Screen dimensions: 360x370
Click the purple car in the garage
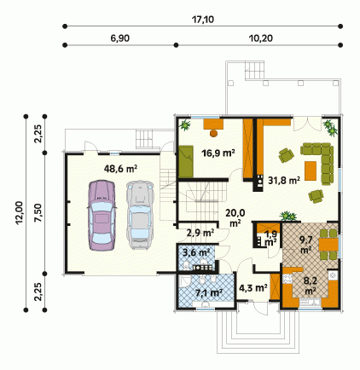click(102, 215)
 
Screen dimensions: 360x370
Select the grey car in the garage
click(139, 215)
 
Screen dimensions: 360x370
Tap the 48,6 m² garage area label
click(121, 169)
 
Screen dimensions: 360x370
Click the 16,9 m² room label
click(218, 153)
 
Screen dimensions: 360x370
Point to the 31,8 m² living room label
click(284, 180)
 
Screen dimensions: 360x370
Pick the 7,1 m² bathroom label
click(209, 292)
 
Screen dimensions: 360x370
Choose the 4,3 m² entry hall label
click(253, 288)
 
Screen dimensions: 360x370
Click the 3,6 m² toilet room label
click(196, 252)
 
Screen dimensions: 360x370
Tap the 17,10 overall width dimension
click(203, 20)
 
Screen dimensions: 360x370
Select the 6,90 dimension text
click(120, 38)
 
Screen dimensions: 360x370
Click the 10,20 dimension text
click(261, 38)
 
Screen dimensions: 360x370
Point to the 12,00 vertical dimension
click(19, 213)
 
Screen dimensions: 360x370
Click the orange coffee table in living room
click(311, 171)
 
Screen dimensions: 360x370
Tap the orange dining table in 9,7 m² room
click(328, 245)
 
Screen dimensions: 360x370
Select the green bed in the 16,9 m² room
click(186, 161)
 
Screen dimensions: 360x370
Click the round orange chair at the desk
click(213, 133)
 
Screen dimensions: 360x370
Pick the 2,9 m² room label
click(200, 233)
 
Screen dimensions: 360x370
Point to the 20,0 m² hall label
click(235, 217)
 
